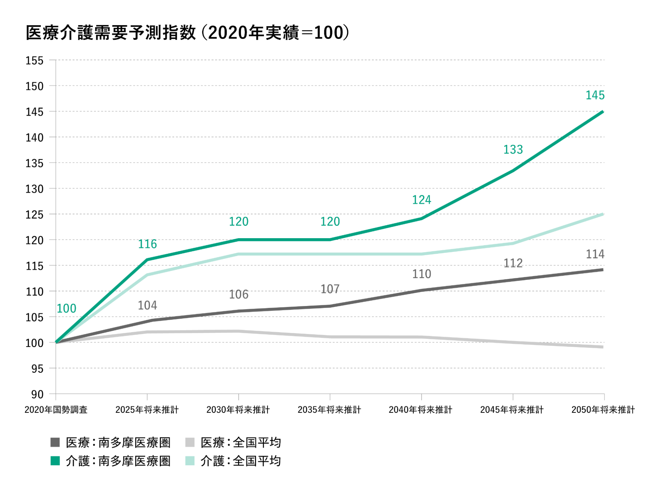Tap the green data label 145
pos(595,95)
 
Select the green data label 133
pos(513,149)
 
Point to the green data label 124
pos(421,200)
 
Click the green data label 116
pos(147,244)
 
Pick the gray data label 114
pos(595,254)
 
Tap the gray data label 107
pos(330,289)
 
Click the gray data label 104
pos(147,305)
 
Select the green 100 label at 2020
pos(67,308)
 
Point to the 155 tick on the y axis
pos(35,61)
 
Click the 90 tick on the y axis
pos(37,394)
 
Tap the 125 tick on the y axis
pos(35,215)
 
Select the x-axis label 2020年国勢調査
pos(56,410)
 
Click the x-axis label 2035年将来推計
pos(329,410)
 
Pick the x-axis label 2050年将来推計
pos(603,410)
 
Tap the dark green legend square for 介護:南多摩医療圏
pos(55,461)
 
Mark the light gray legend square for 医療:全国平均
pos(190,443)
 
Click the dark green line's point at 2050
pos(602,112)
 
